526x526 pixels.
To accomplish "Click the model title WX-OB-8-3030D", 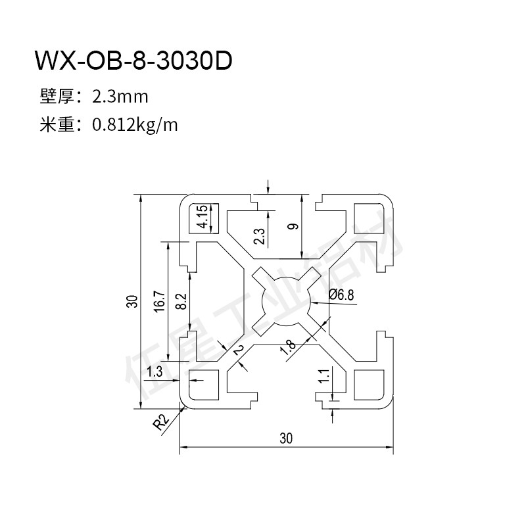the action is click(133, 60).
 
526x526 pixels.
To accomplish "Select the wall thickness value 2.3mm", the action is click(120, 97).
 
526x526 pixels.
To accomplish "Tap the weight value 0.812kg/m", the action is click(135, 125).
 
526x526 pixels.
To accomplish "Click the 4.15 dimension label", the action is click(203, 217).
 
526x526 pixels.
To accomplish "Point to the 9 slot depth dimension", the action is click(293, 226).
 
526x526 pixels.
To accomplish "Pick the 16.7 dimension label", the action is click(160, 302).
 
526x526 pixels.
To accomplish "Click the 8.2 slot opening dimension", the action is click(181, 301).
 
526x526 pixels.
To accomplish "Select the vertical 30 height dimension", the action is click(132, 301).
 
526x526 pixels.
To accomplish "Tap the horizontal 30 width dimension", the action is click(286, 438).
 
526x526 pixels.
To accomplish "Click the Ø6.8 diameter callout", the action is click(341, 295).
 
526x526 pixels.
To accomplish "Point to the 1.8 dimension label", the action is click(289, 348).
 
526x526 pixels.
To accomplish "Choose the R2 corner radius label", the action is click(161, 422).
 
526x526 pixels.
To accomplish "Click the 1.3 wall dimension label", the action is click(155, 371).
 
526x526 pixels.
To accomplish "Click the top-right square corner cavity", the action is click(369, 218).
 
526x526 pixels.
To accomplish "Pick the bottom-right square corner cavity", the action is click(369, 385).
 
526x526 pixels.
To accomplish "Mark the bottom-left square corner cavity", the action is click(204, 385).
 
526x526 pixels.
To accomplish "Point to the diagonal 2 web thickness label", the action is click(239, 350).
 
